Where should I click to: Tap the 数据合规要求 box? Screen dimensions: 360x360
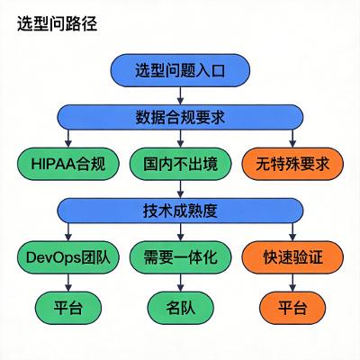click(x=181, y=116)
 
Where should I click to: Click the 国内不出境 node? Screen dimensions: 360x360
click(x=181, y=165)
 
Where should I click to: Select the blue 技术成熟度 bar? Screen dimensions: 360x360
click(x=181, y=211)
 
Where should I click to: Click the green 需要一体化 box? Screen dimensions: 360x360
click(x=181, y=259)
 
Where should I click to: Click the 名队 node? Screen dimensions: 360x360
click(x=181, y=308)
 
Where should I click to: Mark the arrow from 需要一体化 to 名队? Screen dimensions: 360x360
click(x=181, y=283)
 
